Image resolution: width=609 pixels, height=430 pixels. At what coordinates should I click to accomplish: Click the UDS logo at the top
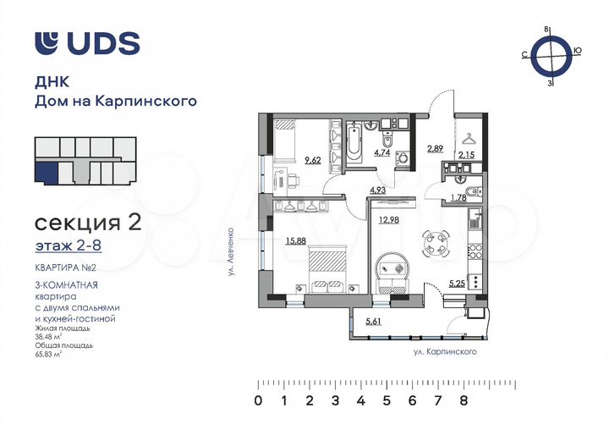86,43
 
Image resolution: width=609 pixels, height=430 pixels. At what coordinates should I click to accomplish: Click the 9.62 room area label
313,160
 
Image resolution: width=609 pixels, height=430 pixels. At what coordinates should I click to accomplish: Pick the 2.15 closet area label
466,155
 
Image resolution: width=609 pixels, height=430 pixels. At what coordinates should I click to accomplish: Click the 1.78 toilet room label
458,198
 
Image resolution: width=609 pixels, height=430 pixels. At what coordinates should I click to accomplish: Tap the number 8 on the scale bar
464,400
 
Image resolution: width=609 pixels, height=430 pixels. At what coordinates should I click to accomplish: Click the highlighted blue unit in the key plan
50,174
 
